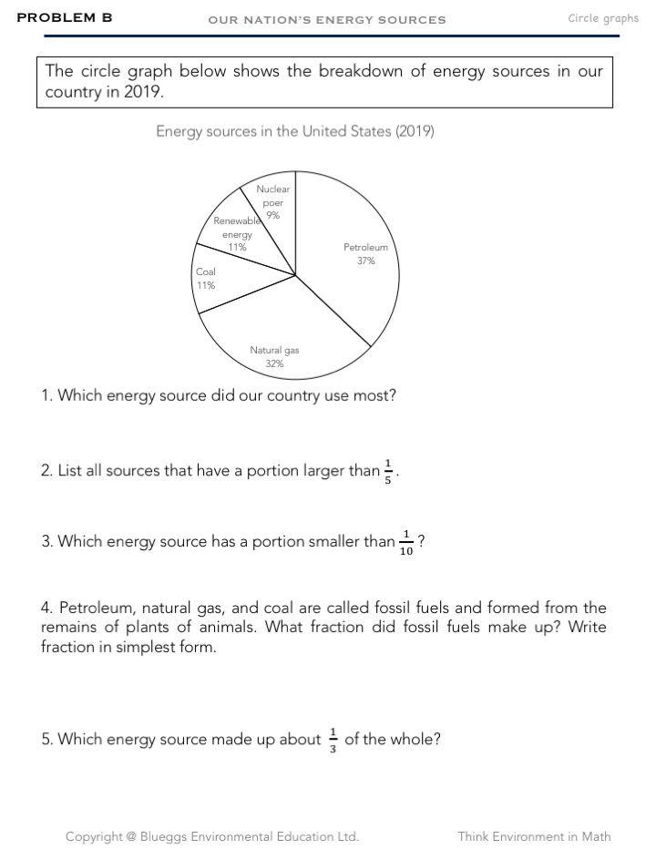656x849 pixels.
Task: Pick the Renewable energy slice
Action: pyautogui.click(x=239, y=239)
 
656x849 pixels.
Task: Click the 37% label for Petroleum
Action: pyautogui.click(x=365, y=261)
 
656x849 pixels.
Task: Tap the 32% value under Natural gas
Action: pyautogui.click(x=274, y=363)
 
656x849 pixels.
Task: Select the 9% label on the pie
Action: pyautogui.click(x=273, y=216)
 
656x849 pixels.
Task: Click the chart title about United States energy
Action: pyautogui.click(x=294, y=131)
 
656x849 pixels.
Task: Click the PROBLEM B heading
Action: pyautogui.click(x=65, y=17)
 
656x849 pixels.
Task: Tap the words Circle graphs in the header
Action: pyautogui.click(x=602, y=18)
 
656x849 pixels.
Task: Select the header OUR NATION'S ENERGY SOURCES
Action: pyautogui.click(x=327, y=19)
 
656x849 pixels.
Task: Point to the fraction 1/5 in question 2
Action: pyautogui.click(x=388, y=472)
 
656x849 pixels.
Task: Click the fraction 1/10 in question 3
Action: pyautogui.click(x=405, y=543)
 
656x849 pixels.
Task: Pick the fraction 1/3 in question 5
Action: pyautogui.click(x=333, y=740)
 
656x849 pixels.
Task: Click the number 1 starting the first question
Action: pyautogui.click(x=46, y=396)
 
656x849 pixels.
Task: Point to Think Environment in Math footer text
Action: pyautogui.click(x=534, y=836)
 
